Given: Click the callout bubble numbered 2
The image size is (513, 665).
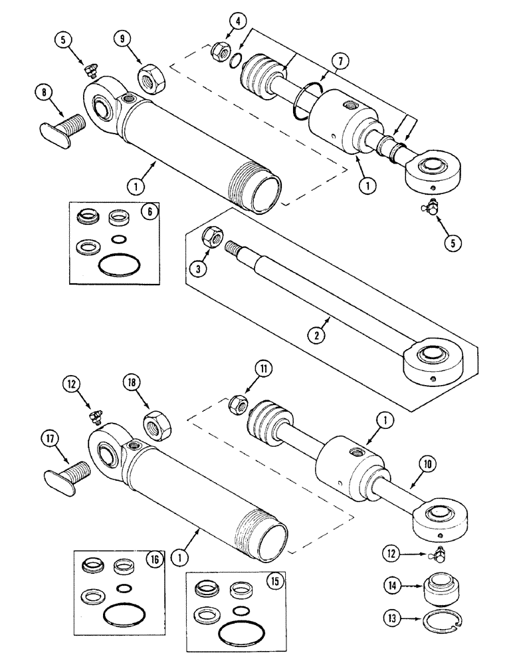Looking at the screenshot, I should click(318, 335).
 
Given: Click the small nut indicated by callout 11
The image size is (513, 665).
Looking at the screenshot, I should click(238, 402).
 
